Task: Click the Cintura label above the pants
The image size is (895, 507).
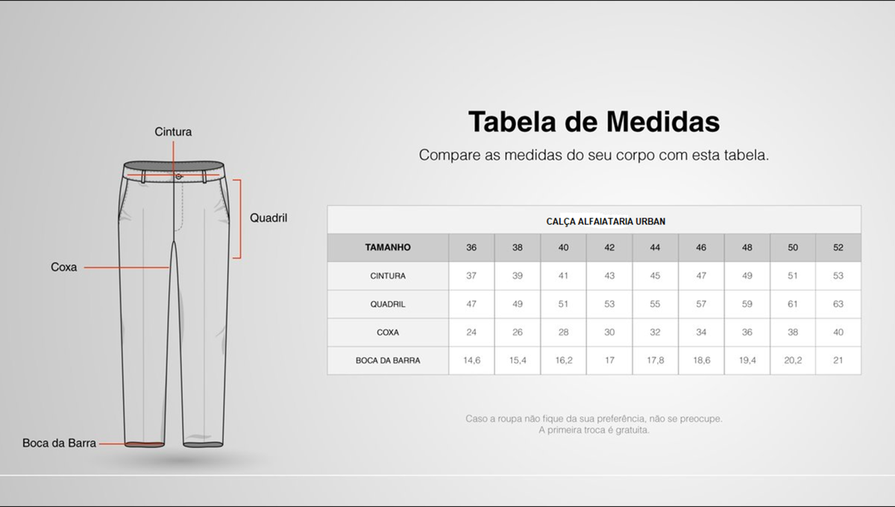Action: click(x=173, y=131)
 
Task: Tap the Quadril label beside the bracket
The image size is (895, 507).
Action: click(x=268, y=218)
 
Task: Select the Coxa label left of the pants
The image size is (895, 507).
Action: click(x=63, y=267)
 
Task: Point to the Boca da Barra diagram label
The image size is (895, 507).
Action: click(x=59, y=443)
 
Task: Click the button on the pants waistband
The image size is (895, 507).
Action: click(x=178, y=176)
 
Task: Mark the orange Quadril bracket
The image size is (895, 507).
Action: click(x=240, y=219)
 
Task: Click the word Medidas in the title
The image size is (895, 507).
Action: click(x=663, y=121)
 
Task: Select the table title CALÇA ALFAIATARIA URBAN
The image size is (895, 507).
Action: click(x=606, y=221)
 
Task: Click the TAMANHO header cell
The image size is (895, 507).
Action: click(x=388, y=247)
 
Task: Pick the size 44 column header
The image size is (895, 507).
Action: click(x=655, y=247)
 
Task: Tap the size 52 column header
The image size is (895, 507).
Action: click(x=838, y=247)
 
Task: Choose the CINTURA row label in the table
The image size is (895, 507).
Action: click(x=388, y=276)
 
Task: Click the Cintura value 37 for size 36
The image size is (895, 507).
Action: click(x=471, y=276)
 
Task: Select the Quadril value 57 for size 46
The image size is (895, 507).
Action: click(x=701, y=304)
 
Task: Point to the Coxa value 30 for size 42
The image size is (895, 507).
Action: click(x=609, y=332)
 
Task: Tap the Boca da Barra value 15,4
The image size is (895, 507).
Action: click(x=518, y=361)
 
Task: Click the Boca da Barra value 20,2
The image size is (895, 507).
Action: click(x=793, y=361)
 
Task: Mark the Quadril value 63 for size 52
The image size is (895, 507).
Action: click(x=838, y=304)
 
